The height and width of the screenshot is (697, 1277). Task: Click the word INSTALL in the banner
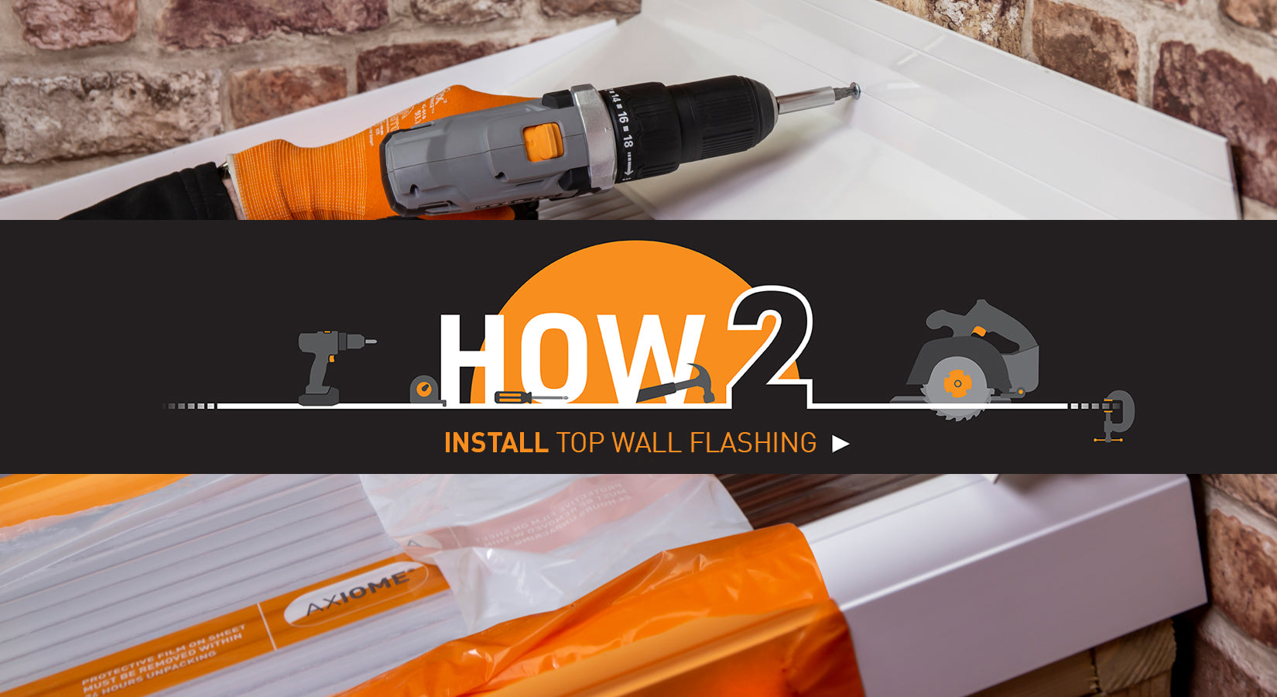(495, 443)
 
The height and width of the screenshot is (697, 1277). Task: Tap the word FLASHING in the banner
(752, 443)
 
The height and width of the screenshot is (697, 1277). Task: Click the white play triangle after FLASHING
(840, 444)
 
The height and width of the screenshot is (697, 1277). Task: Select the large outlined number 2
(770, 341)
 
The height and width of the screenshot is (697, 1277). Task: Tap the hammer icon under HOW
(681, 383)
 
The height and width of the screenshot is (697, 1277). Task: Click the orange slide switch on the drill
(541, 142)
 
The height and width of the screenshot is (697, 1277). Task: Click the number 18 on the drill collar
(627, 142)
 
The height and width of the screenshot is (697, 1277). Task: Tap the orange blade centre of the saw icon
(957, 384)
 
